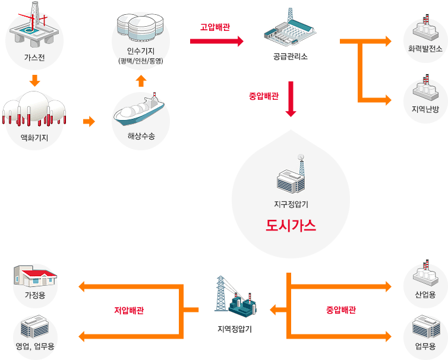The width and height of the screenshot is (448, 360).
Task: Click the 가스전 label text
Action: click(x=34, y=58)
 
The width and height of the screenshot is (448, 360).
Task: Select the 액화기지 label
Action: click(x=34, y=138)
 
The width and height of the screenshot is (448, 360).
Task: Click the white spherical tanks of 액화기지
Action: click(x=34, y=107)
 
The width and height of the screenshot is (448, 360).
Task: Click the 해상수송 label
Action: click(x=141, y=136)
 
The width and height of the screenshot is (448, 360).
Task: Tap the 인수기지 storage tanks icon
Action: click(x=141, y=26)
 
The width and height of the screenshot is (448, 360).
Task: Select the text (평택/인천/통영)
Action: click(x=141, y=61)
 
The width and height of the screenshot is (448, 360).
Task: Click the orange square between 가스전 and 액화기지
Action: click(x=34, y=80)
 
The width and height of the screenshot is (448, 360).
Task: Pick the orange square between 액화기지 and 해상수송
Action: click(x=89, y=122)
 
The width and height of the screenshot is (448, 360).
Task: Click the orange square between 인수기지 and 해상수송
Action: click(x=141, y=80)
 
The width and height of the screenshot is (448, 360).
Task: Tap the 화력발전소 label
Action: click(x=425, y=49)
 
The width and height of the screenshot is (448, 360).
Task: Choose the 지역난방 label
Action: click(x=425, y=109)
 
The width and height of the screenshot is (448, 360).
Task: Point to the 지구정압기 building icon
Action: click(x=291, y=177)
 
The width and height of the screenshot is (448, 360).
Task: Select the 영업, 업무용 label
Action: click(x=35, y=347)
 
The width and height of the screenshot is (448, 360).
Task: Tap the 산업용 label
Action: click(x=425, y=295)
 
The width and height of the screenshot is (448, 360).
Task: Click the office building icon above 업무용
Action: click(x=425, y=326)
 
